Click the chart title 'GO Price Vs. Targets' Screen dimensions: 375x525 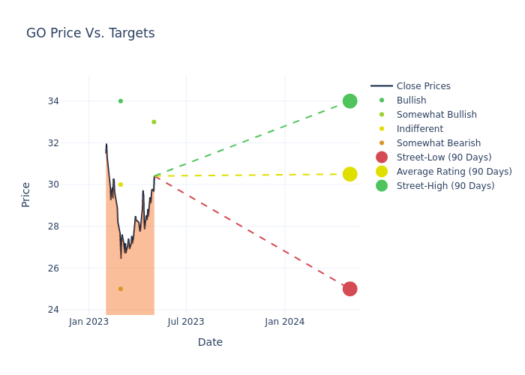(90, 33)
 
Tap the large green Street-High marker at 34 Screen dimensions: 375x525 (349, 100)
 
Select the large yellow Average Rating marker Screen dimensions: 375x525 (349, 174)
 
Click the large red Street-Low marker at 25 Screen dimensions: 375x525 (349, 289)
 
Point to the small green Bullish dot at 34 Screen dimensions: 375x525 (120, 101)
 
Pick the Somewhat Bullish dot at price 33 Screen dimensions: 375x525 (154, 121)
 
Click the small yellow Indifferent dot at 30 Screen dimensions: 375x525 (120, 184)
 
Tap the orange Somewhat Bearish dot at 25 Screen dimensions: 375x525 (120, 289)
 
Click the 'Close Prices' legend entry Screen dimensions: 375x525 (423, 86)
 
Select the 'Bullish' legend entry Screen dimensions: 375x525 (411, 100)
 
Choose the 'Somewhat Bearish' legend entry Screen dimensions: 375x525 (438, 143)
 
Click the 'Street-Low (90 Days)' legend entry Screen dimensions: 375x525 (443, 157)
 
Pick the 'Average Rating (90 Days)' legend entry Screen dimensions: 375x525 (454, 172)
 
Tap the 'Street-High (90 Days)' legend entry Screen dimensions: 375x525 (445, 186)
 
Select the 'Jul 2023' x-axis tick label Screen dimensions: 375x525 (186, 322)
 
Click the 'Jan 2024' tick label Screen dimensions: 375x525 (285, 322)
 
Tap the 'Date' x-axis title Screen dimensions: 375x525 (210, 342)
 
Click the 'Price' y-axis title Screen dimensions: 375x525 (26, 194)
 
